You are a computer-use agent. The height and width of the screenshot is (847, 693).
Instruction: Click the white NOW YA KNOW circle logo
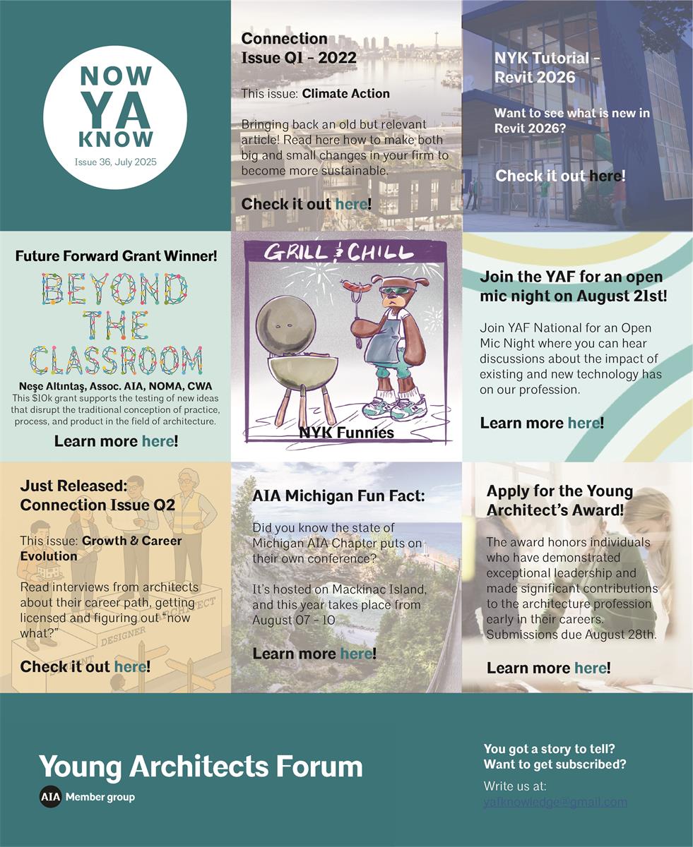[115, 117]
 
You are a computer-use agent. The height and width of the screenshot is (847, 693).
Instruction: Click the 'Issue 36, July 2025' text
[115, 162]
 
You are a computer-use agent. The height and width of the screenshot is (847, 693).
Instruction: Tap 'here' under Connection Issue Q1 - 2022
[351, 204]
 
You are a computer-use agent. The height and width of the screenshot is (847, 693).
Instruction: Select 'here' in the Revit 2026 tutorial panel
[605, 175]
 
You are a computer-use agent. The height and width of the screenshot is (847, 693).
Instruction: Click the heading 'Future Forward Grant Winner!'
[116, 256]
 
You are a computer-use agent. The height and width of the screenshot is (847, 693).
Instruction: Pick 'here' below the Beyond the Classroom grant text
[158, 441]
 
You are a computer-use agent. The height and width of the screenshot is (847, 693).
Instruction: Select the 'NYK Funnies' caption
[346, 433]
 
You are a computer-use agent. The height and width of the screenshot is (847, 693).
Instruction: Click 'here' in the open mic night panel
[584, 423]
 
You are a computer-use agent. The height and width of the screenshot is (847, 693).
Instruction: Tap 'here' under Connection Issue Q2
[130, 666]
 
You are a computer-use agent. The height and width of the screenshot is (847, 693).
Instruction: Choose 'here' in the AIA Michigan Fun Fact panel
[355, 654]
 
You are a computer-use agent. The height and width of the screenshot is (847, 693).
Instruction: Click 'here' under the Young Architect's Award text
[590, 668]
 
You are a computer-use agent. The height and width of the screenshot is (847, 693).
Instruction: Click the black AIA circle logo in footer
[50, 797]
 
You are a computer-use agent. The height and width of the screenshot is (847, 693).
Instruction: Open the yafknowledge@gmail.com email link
[555, 802]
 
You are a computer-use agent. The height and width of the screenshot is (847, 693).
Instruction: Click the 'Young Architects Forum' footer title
[201, 767]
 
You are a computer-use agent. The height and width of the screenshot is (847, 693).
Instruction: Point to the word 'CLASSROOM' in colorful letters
[116, 360]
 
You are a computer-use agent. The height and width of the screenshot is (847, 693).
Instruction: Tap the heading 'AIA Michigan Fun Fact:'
[338, 496]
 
